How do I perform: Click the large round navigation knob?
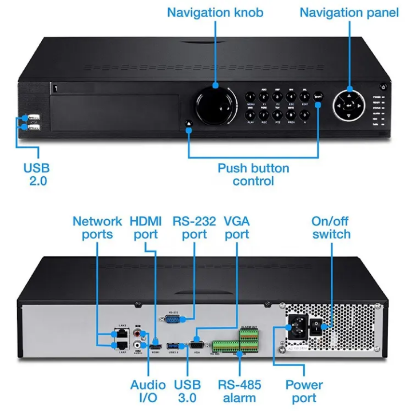(x=215, y=106)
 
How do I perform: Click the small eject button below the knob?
(x=189, y=122)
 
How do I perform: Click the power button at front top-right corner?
(x=383, y=87)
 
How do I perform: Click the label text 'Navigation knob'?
(x=215, y=12)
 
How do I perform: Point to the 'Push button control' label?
(x=253, y=175)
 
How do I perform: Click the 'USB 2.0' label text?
(x=36, y=175)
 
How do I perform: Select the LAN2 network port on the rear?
(x=122, y=334)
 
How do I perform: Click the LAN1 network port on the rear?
(x=122, y=345)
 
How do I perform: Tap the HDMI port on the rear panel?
(x=154, y=346)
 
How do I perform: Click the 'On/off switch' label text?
(x=331, y=228)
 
